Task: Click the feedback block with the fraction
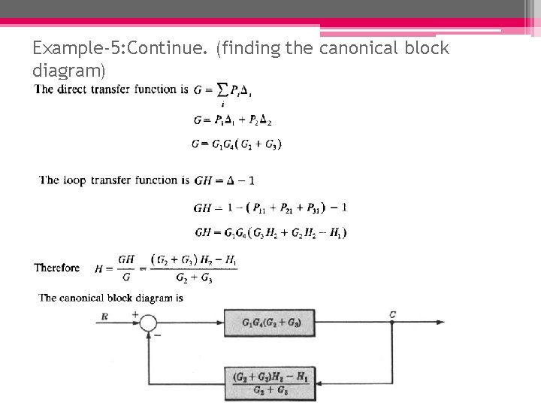tap(270, 383)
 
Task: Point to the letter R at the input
tap(104, 316)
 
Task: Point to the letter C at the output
tap(393, 314)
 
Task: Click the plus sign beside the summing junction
tap(135, 314)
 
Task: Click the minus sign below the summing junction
tap(156, 335)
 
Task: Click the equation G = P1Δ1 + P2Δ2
tap(232, 120)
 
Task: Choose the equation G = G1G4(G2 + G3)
tap(237, 144)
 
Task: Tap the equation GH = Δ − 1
tap(224, 180)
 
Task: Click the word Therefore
tap(57, 268)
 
